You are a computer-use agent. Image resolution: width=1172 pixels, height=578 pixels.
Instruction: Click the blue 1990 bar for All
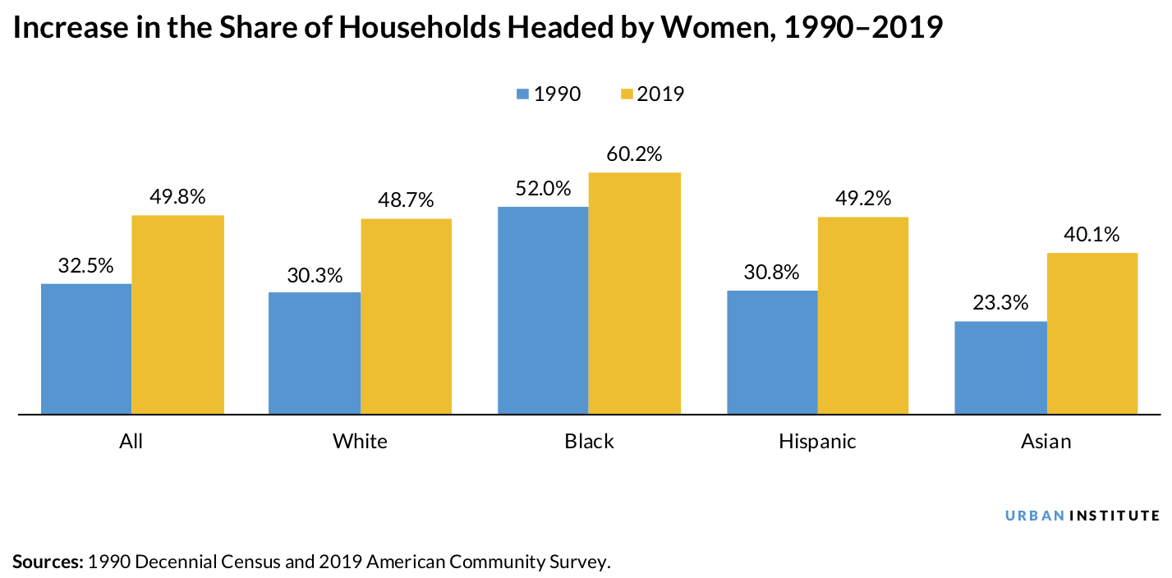coord(86,348)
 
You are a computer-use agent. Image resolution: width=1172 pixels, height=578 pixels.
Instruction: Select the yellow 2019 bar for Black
coord(635,293)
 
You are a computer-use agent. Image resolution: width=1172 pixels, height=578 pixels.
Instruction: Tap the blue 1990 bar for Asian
coord(1001,367)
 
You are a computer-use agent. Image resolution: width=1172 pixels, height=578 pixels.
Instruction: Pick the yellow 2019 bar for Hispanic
coord(863,315)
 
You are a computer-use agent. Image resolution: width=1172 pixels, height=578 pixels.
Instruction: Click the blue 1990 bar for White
coord(315,352)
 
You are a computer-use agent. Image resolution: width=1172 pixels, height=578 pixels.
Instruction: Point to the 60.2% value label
coord(634,154)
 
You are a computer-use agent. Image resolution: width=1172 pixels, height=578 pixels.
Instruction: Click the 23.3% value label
coord(1000,303)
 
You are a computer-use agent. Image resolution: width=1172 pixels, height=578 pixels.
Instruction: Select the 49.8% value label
coord(177,197)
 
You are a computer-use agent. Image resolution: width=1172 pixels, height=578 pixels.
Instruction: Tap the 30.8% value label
coord(771,272)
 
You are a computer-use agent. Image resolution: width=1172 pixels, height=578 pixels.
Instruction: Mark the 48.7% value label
coord(406,200)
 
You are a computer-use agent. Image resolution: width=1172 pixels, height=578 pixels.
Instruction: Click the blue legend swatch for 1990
coord(523,94)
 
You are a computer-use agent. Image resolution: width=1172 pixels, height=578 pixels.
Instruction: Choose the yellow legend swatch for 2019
coord(627,94)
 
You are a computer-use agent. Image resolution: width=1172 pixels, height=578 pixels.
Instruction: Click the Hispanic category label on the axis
coord(817,442)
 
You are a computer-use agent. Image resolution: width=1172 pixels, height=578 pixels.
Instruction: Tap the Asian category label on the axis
coord(1046,442)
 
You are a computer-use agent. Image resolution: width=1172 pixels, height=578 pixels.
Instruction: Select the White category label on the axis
coord(360,442)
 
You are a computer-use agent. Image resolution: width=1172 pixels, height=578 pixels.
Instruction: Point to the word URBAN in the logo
coord(1035,516)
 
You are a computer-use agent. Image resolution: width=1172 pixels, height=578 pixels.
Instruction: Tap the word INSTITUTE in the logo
coord(1115,516)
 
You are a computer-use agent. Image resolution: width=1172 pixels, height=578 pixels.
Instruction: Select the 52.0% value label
coord(543,188)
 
